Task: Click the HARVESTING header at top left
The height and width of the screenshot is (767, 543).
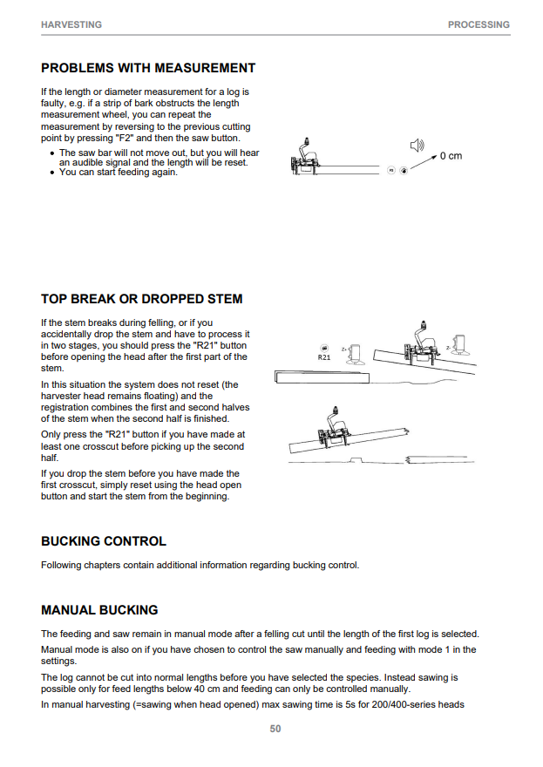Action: click(x=71, y=24)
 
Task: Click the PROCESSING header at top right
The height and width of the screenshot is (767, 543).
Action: click(x=479, y=24)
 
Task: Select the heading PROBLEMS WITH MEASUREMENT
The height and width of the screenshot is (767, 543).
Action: click(x=148, y=68)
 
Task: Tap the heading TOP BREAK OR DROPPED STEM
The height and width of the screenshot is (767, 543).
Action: click(x=142, y=299)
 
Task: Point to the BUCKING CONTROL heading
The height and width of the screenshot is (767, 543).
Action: click(x=104, y=541)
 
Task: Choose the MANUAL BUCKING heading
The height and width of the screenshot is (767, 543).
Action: click(x=99, y=610)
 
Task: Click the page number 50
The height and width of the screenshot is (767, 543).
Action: click(x=275, y=729)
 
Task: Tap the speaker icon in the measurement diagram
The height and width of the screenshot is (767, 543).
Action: click(x=417, y=146)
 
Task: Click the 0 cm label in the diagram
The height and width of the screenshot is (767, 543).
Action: click(x=451, y=156)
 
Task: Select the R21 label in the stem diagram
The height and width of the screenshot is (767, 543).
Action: click(x=324, y=357)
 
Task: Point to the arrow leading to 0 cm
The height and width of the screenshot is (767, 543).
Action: click(x=424, y=162)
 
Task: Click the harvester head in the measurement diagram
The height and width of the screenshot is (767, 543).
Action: click(x=305, y=158)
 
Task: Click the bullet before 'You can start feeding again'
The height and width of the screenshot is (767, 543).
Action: click(x=52, y=173)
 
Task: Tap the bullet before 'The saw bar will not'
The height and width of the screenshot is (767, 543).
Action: click(x=52, y=153)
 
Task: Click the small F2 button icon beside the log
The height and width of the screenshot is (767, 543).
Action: click(x=390, y=170)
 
